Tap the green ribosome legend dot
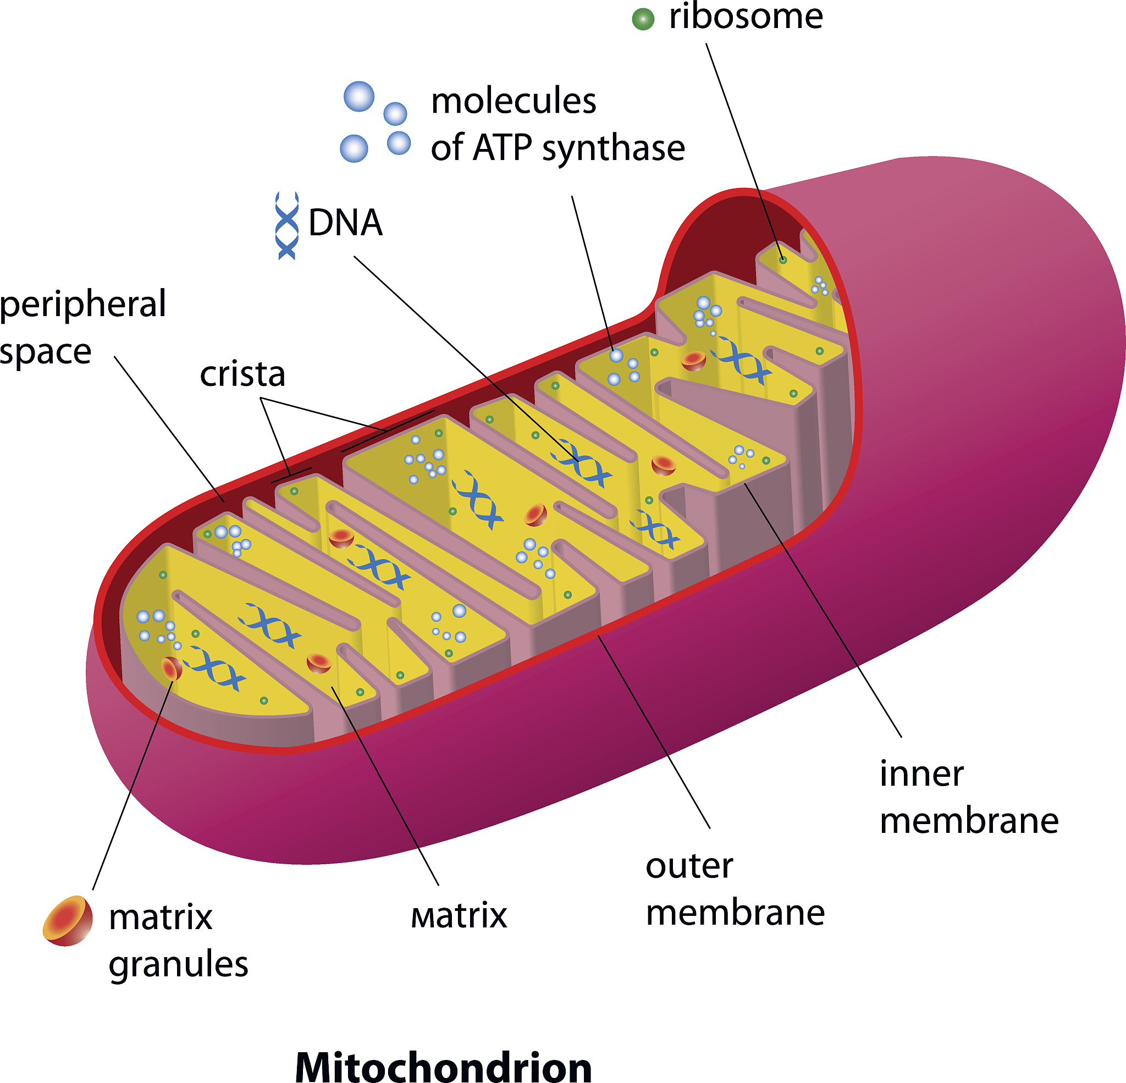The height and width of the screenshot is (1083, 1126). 643,19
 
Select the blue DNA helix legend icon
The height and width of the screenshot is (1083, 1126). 287,225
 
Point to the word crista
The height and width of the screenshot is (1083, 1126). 242,374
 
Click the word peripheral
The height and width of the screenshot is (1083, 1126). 84,305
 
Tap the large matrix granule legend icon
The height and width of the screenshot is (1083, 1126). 68,920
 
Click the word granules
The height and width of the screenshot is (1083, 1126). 178,964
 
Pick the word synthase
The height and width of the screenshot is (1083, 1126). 613,148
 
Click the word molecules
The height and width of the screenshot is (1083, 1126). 514,101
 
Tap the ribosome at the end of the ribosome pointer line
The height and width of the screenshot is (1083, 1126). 782,259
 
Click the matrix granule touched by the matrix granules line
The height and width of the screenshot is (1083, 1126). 172,668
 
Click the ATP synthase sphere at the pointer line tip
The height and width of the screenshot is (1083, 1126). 616,356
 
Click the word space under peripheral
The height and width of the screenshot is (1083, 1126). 46,352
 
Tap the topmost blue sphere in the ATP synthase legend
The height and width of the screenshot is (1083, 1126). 359,96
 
